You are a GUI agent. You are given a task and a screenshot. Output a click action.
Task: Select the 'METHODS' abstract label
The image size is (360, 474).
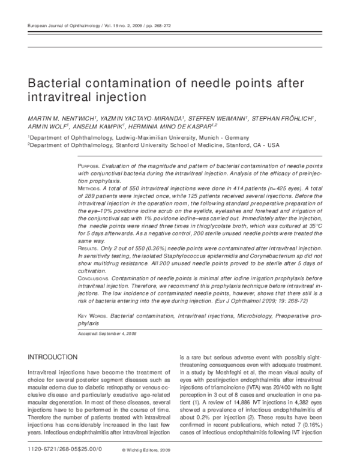(x=91, y=188)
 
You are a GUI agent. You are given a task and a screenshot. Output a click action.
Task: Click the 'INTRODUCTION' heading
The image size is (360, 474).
(x=53, y=357)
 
